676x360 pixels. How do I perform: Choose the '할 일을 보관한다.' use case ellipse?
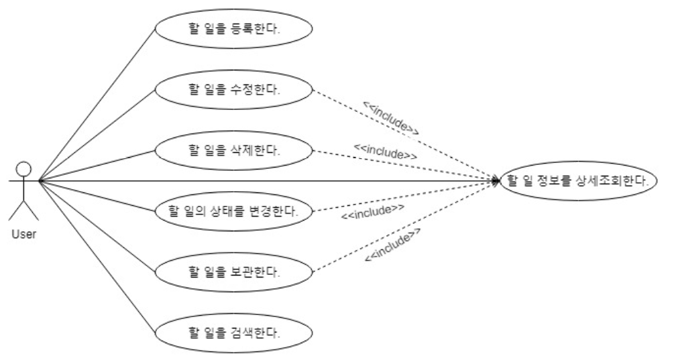234,272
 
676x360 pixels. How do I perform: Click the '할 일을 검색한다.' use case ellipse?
234,332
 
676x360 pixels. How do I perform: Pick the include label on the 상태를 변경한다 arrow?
372,213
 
